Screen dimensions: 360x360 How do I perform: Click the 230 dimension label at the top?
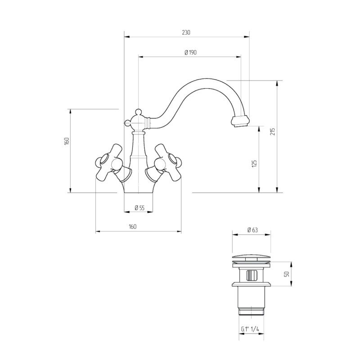point(186,32)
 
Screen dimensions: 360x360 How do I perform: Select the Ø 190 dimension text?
point(190,52)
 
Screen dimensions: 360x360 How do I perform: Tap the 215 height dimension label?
point(273,131)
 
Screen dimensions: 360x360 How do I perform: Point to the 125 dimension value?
point(254,163)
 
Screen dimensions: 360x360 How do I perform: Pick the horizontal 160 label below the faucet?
point(132,227)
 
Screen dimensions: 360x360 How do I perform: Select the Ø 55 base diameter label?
point(139,208)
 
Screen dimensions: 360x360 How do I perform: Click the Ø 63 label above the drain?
point(252,230)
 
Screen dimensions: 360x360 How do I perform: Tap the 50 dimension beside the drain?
point(287,274)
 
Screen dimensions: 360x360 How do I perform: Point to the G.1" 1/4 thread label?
point(250,329)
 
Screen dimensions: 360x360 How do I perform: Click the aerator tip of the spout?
point(240,121)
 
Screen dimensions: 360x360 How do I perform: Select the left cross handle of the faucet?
point(109,162)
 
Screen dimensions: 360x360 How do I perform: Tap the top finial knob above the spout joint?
point(138,112)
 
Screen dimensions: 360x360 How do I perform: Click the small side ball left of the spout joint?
point(127,123)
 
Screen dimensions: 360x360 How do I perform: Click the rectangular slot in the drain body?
point(252,275)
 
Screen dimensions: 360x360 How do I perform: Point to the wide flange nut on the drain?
point(252,284)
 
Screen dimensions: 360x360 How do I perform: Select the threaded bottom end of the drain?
point(252,311)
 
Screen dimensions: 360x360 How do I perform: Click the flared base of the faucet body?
point(138,187)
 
